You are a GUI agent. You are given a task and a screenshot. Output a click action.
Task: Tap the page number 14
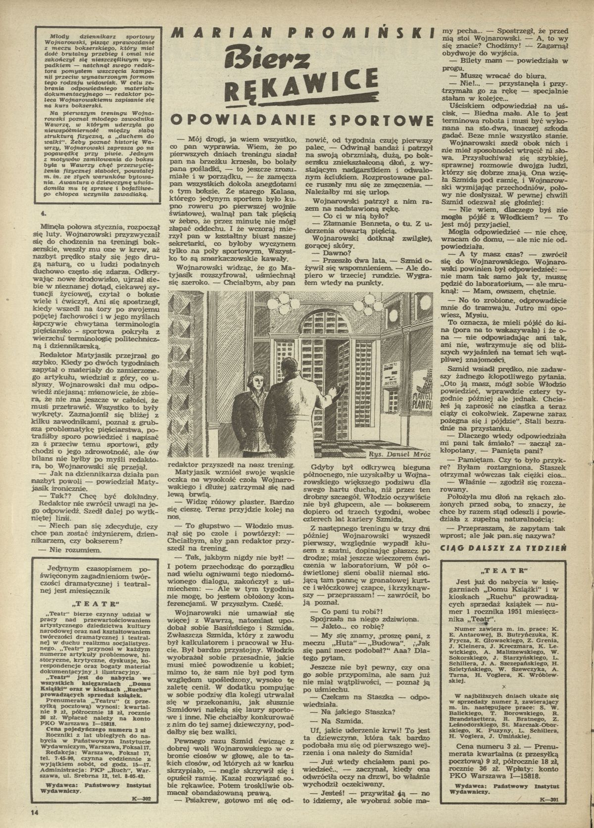pyautogui.click(x=34, y=812)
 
